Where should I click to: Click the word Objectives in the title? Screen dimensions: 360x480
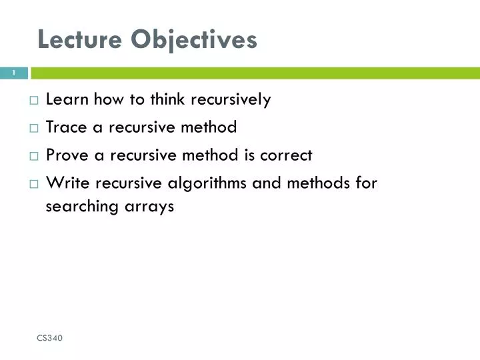193,40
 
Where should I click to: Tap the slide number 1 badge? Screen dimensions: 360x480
13,73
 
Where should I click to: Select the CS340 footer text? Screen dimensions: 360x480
50,339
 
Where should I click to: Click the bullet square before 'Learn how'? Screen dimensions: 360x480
34,101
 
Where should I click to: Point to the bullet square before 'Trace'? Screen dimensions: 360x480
34,128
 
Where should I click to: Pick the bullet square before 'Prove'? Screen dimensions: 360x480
34,156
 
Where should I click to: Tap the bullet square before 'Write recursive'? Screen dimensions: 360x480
34,183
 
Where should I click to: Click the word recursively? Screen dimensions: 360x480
231,100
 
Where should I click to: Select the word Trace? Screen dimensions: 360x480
66,127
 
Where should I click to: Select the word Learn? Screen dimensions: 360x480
67,100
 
